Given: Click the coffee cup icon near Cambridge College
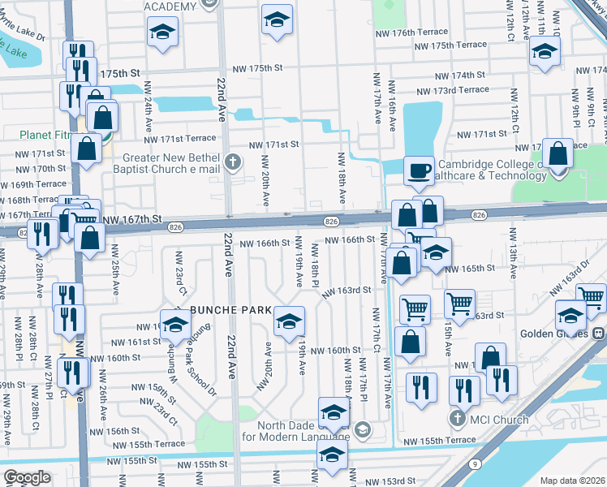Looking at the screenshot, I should (419, 170).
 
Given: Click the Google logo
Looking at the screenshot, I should (27, 477).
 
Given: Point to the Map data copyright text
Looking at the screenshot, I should (571, 481).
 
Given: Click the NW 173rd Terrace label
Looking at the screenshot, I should (452, 89).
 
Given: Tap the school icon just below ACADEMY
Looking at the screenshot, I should (162, 32).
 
